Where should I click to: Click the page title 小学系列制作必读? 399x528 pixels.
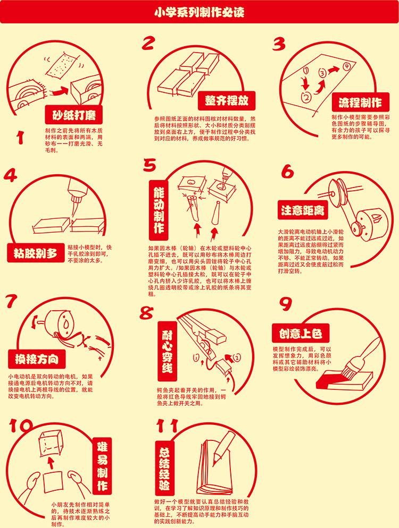[199, 12]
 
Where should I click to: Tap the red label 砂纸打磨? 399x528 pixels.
[74, 115]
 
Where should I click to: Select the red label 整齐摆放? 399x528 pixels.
[226, 100]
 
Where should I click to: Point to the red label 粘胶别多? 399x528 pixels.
[36, 253]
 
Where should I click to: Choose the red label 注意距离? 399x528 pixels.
[303, 210]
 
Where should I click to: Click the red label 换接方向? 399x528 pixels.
[37, 359]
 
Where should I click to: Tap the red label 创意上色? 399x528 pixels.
[301, 333]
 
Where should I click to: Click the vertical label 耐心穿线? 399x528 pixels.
[167, 351]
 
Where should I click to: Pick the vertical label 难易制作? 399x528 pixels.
[102, 466]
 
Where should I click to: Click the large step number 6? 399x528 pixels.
[287, 172]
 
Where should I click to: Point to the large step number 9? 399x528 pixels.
[285, 304]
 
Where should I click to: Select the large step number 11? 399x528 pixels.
[168, 425]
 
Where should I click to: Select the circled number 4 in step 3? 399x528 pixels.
[346, 66]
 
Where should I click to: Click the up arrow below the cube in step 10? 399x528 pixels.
[50, 462]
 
